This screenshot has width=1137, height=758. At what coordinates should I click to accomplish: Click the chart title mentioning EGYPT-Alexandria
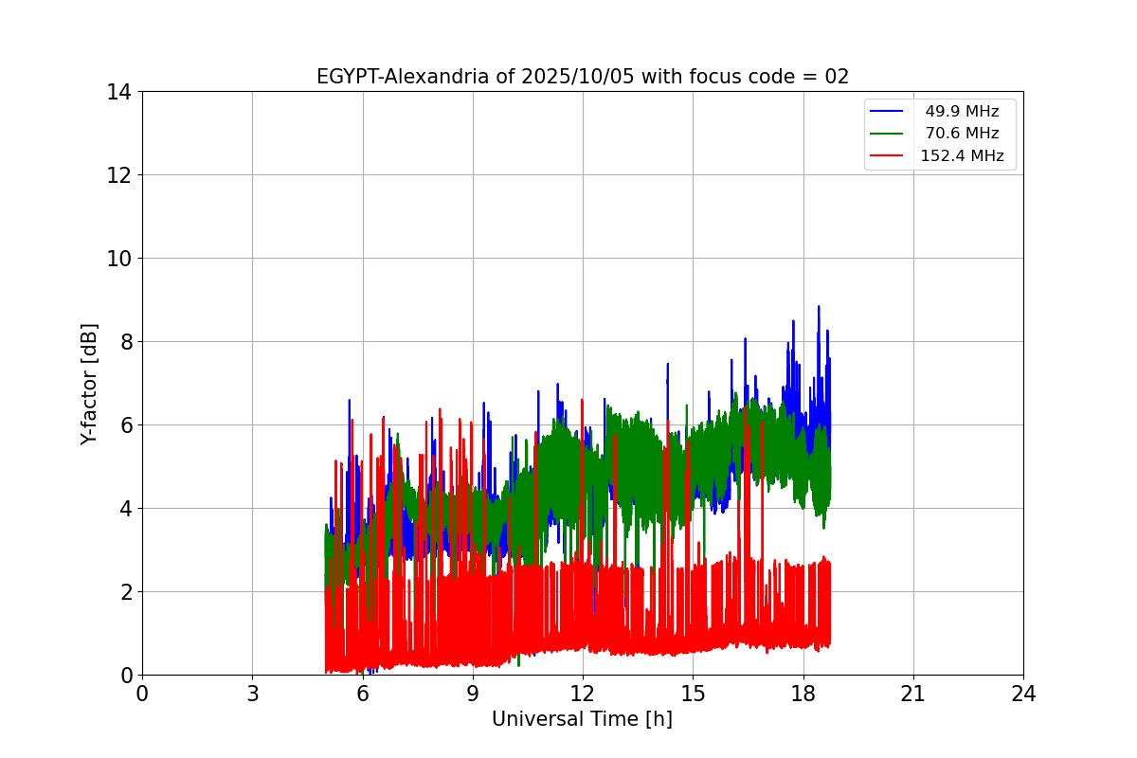tap(582, 77)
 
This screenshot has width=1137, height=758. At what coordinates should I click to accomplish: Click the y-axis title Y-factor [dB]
tap(89, 384)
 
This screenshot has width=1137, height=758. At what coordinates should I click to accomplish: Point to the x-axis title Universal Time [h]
tap(582, 719)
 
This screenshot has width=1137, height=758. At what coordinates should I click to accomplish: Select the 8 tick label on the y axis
tap(123, 342)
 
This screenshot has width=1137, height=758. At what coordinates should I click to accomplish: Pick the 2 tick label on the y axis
tap(123, 592)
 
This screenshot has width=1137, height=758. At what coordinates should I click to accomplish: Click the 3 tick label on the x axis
tap(252, 694)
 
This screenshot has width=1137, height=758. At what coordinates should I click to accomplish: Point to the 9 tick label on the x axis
tap(473, 694)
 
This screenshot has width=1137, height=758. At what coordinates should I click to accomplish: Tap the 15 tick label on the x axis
tap(693, 694)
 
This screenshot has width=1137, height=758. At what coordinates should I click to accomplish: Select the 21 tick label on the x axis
tap(913, 694)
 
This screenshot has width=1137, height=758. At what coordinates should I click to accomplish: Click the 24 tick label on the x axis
tap(1023, 694)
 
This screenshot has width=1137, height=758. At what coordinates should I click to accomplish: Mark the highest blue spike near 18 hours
tap(819, 307)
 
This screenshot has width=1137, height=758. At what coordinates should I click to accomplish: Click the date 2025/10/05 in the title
tap(579, 77)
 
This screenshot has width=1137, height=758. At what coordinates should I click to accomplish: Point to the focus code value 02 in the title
tap(837, 77)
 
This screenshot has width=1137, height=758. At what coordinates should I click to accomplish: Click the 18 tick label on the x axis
tap(803, 694)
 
